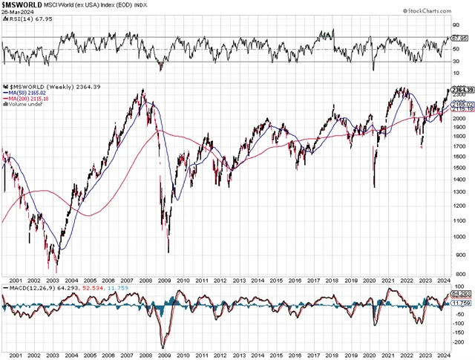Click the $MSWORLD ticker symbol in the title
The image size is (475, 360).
22,5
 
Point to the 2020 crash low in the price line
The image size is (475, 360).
374,186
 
